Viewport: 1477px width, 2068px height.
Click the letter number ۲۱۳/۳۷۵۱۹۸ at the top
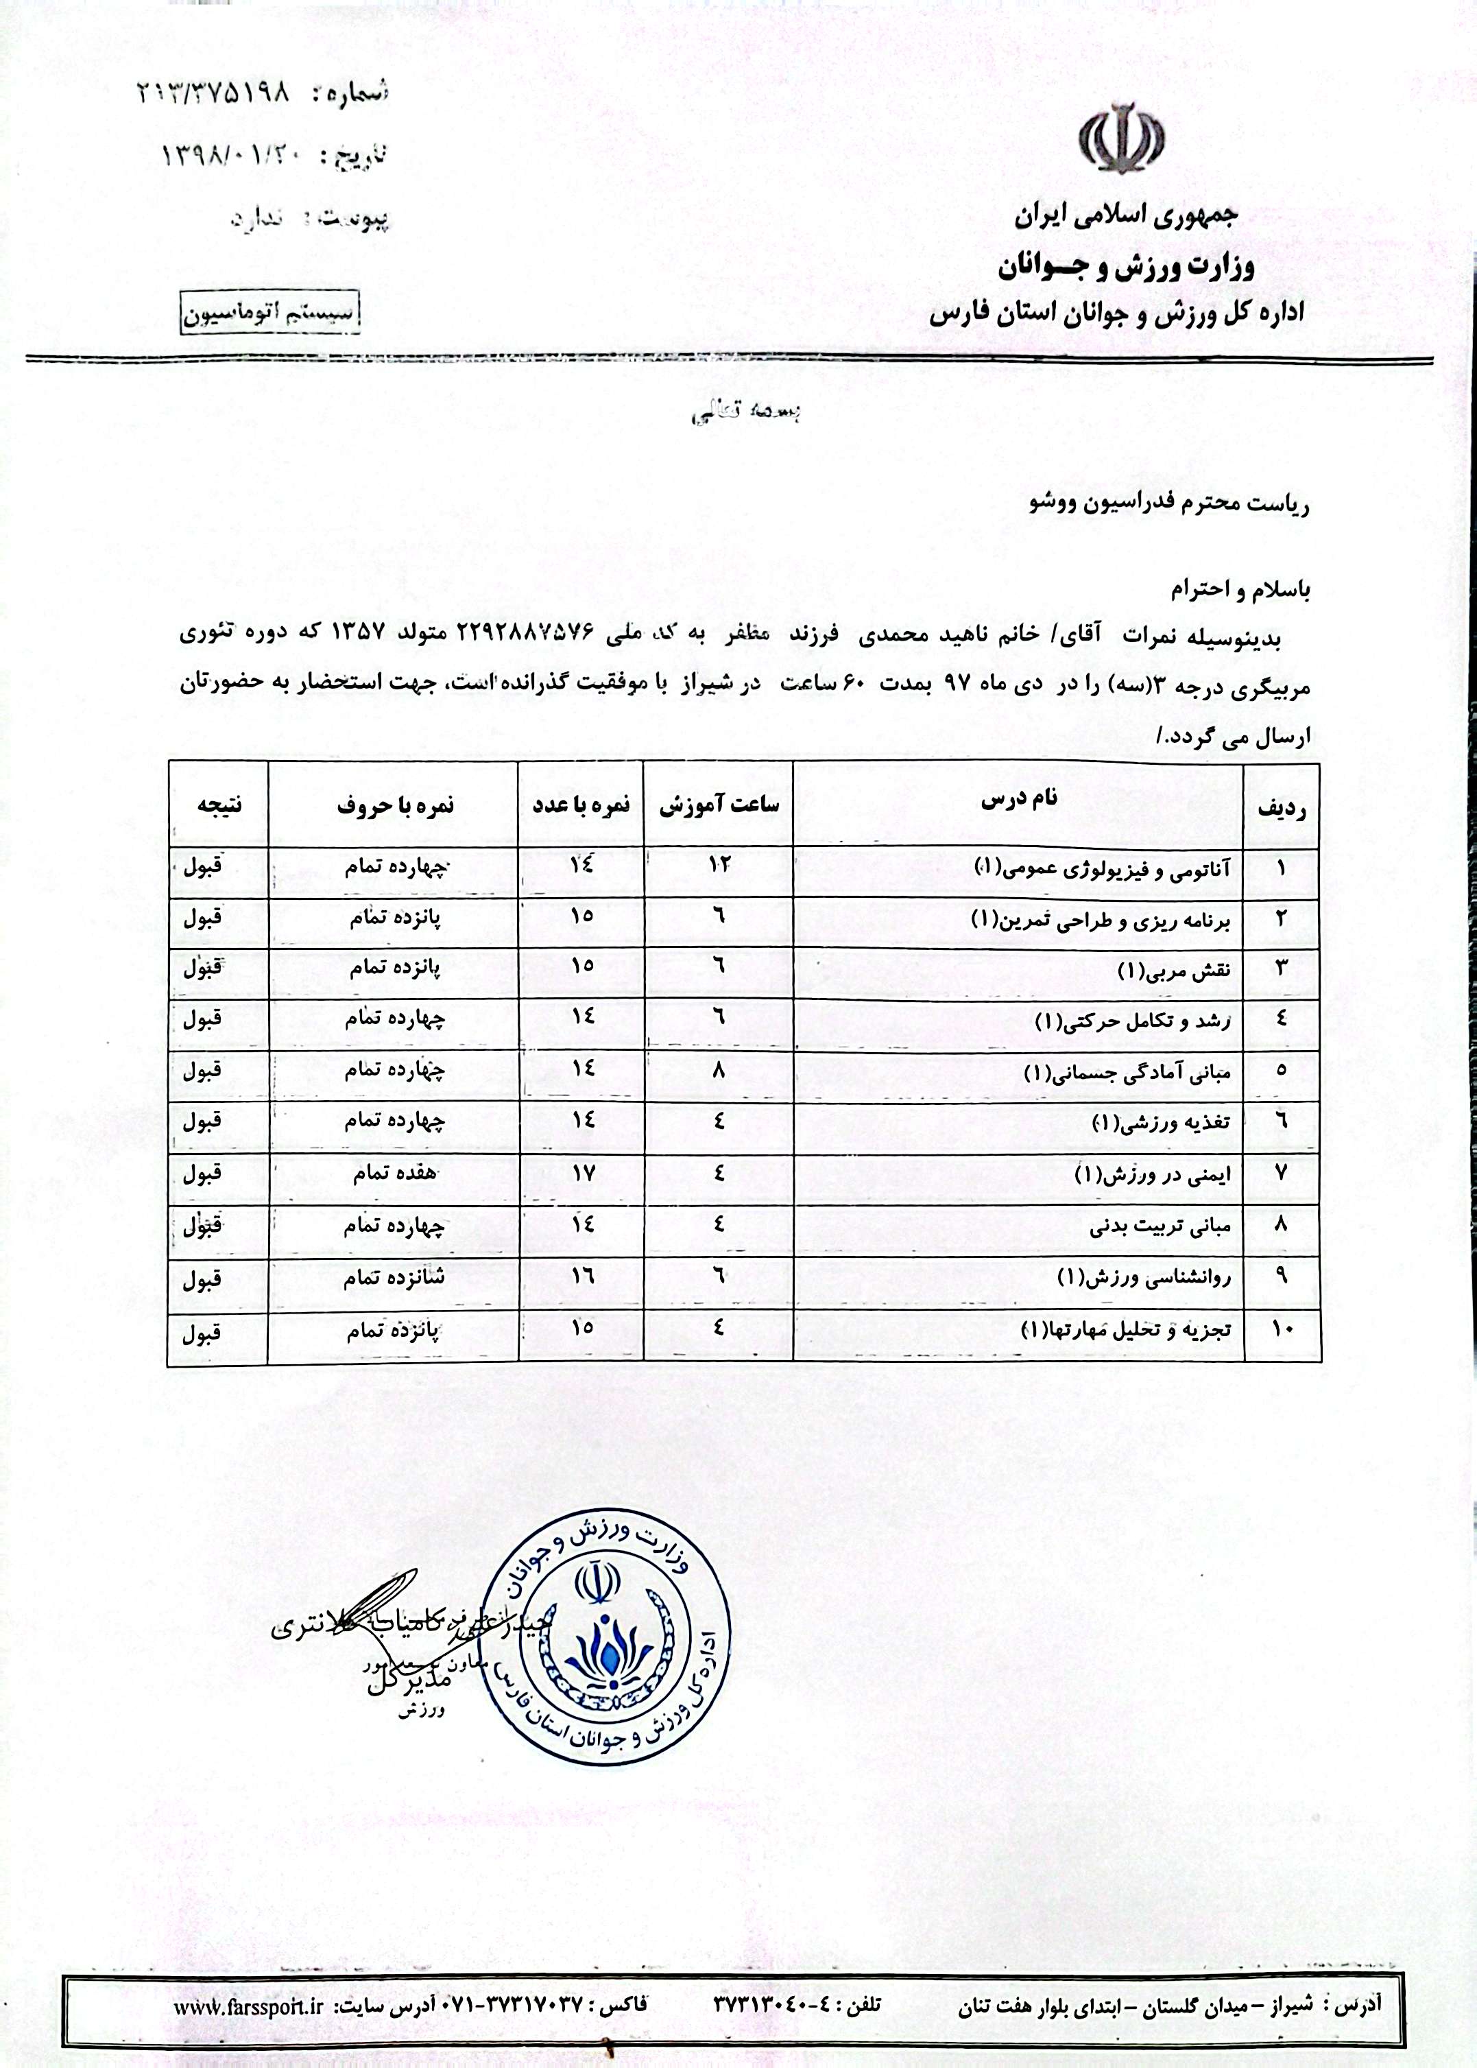pyautogui.click(x=212, y=91)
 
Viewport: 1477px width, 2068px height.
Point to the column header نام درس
pyautogui.click(x=1019, y=800)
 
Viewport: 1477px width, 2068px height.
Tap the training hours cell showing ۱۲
pyautogui.click(x=719, y=865)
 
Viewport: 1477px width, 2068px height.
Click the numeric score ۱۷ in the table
pyautogui.click(x=582, y=1173)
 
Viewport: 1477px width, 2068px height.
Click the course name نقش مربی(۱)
pyautogui.click(x=1174, y=970)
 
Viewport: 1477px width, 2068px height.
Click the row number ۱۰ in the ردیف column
pyautogui.click(x=1282, y=1329)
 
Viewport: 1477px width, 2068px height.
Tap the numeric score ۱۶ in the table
pyautogui.click(x=582, y=1277)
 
